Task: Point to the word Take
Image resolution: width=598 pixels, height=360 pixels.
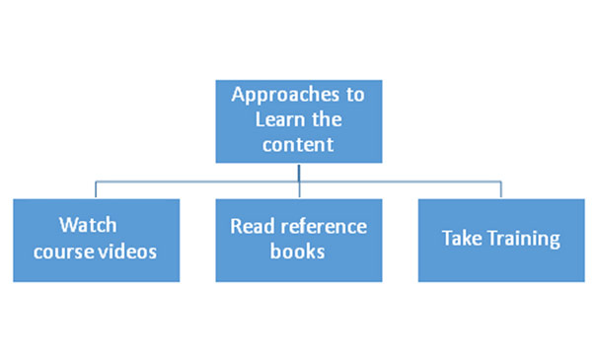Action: tap(460, 239)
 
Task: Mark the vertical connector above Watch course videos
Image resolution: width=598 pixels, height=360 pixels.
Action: tap(96, 189)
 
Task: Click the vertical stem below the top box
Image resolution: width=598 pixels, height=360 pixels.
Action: tap(299, 172)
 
